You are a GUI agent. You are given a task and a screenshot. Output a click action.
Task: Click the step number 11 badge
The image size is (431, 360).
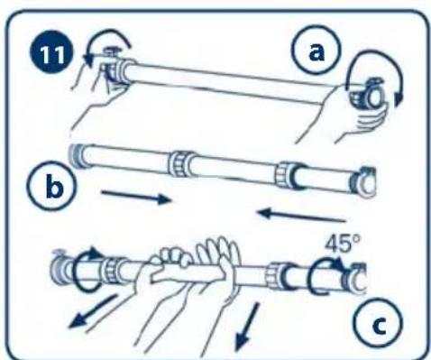click(x=51, y=54)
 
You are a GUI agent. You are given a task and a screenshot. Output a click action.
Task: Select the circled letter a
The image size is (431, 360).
click(x=316, y=51)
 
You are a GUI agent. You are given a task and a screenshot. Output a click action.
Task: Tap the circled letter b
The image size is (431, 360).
click(x=52, y=186)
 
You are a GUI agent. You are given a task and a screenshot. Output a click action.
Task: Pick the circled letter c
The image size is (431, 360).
click(x=377, y=323)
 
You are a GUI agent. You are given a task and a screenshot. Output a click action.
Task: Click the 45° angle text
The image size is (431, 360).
click(x=342, y=244)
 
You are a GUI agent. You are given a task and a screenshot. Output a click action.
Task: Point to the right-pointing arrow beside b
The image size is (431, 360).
click(x=136, y=197)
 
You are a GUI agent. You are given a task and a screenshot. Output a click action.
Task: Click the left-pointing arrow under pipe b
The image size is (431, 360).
click(x=302, y=216)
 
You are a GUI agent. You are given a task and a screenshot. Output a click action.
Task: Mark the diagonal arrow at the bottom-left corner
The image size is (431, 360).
click(x=93, y=312)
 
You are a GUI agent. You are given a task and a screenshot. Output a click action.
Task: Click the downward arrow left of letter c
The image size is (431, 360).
click(x=247, y=328)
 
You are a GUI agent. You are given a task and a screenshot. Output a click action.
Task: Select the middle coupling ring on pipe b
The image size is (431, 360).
click(x=179, y=164)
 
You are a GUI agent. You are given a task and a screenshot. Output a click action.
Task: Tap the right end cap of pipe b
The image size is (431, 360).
click(x=363, y=182)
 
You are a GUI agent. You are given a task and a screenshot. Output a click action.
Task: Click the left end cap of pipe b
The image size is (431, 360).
click(x=77, y=156)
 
